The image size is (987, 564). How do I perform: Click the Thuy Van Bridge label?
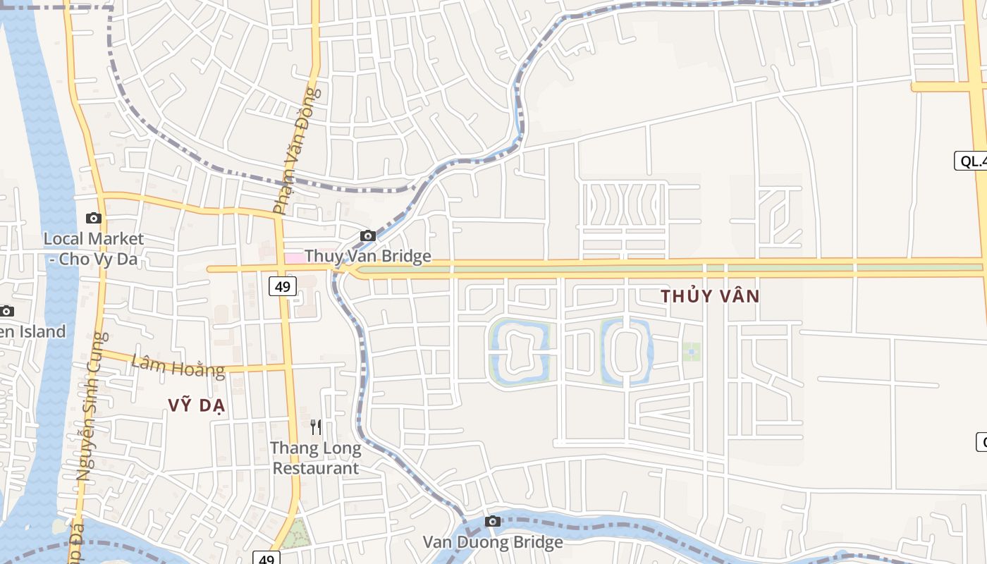[x=367, y=256]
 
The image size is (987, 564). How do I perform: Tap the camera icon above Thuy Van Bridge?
[x=367, y=235]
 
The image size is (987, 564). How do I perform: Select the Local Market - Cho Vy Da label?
[x=93, y=249]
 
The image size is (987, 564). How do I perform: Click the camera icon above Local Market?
[x=93, y=219]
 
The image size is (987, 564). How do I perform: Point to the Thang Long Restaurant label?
[x=316, y=458]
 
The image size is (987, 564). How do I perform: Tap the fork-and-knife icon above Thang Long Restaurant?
[x=316, y=427]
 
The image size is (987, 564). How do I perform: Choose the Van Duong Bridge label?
[x=493, y=542]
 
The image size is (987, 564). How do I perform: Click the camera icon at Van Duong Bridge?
[x=493, y=522]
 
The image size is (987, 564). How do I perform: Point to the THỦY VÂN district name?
[x=710, y=296]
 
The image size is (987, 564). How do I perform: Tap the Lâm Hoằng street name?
[x=178, y=366]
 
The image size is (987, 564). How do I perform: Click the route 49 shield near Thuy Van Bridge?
[x=283, y=286]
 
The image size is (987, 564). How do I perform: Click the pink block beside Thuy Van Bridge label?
[x=295, y=258]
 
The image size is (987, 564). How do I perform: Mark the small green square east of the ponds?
[x=691, y=352]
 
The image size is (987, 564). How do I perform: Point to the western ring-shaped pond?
[x=520, y=352]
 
